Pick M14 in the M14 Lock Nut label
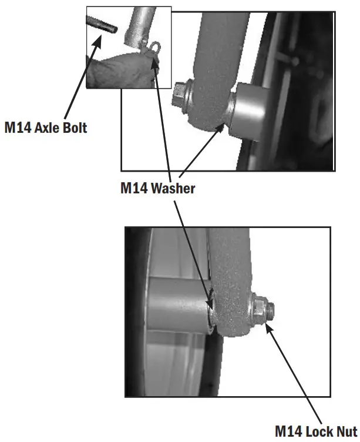[289, 432]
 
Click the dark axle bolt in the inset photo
[102, 25]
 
